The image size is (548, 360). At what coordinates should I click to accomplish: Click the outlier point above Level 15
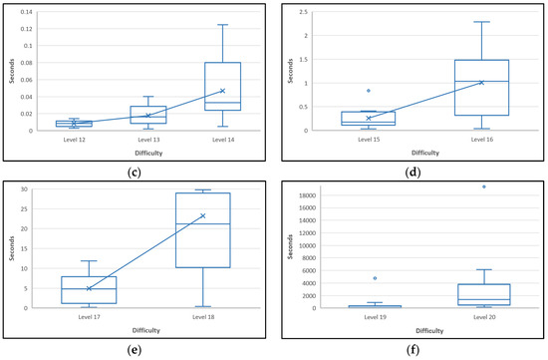[x=369, y=91]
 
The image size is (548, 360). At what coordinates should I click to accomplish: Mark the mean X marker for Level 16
[x=481, y=83]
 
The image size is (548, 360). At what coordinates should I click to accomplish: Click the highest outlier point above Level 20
[x=484, y=186]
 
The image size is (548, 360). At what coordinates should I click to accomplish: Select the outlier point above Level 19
[x=374, y=278]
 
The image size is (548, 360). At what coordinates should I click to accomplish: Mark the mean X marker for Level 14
[x=222, y=91]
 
